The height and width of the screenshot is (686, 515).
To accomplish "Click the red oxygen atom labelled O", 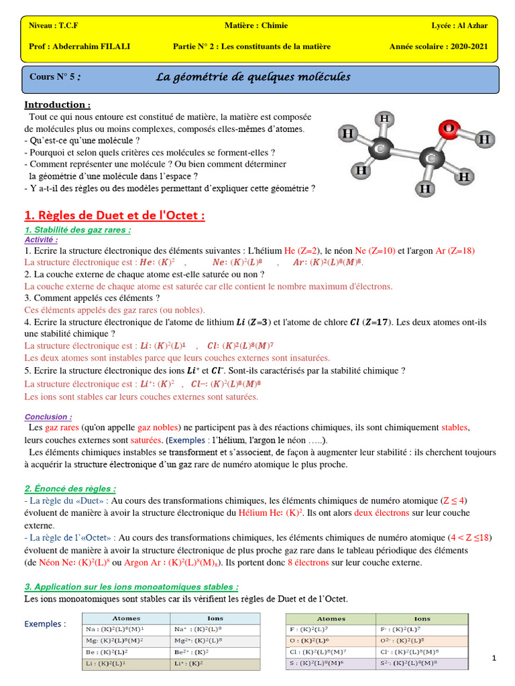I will point(449,127).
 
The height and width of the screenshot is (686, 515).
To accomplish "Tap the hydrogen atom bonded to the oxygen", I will point(486,140).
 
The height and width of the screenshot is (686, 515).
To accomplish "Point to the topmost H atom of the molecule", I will point(384,119).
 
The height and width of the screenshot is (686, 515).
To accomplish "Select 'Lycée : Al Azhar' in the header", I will point(459,25).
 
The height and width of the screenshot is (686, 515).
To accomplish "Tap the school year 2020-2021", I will point(439,46).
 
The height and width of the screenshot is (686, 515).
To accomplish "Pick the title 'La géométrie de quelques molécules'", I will point(253,77).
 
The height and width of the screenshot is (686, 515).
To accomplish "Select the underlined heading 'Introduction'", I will point(57,105).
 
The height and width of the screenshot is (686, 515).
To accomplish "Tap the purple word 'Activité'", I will point(41,239).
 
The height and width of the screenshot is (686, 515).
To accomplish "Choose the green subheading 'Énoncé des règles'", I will point(70,488).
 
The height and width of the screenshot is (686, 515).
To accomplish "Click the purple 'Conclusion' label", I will point(48,416).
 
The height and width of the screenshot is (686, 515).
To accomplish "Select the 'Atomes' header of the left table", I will point(125,618).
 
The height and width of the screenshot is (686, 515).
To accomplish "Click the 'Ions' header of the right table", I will point(422,618).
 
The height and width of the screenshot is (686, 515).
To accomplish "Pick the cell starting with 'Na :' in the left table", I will point(125,630).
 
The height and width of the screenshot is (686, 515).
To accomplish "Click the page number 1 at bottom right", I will point(494,659).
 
